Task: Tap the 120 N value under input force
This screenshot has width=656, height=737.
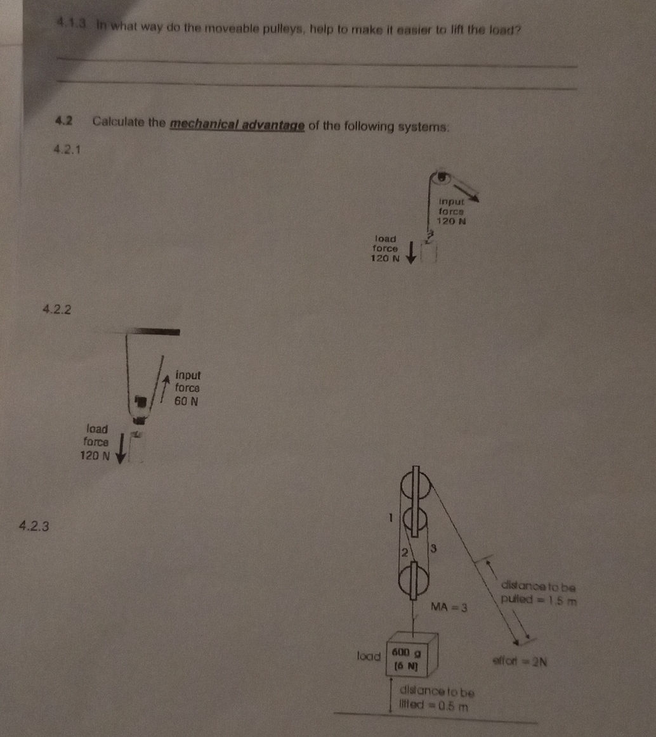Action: coord(452,222)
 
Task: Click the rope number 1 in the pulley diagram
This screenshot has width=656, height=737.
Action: coord(391,517)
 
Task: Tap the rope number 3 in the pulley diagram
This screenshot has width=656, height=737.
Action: coord(432,548)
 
